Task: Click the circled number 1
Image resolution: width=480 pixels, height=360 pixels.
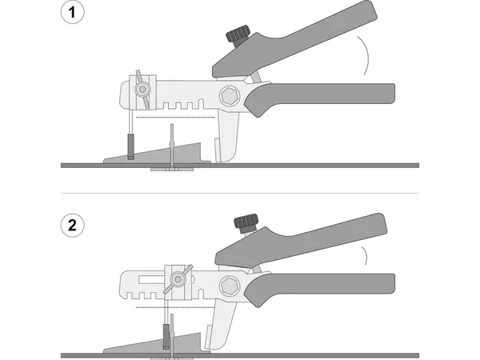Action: (x=72, y=12)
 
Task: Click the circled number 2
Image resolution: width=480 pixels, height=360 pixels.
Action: (x=72, y=226)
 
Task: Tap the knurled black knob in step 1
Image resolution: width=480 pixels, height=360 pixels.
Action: (x=238, y=35)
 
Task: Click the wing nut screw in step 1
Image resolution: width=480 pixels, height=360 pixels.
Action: (x=142, y=90)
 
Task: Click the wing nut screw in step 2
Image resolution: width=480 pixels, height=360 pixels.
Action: (x=178, y=279)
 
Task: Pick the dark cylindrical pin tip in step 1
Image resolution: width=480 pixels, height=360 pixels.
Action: (x=131, y=146)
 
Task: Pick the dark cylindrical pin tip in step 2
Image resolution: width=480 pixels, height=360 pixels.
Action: (x=166, y=337)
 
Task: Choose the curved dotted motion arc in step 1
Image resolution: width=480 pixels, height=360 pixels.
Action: (x=366, y=55)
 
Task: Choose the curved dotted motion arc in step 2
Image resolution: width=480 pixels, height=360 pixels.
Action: (x=365, y=255)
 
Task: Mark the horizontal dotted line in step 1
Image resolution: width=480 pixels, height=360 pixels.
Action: (x=175, y=117)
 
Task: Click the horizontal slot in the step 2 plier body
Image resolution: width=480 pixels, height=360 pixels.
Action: (x=151, y=279)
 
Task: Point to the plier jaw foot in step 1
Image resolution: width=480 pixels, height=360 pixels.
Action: (x=228, y=138)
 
